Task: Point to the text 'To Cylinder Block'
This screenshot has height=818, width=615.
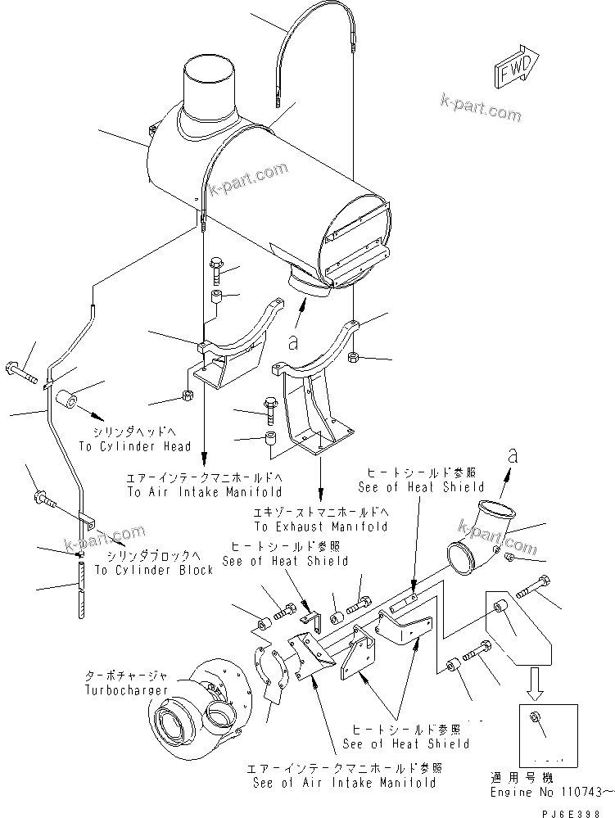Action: pos(154,569)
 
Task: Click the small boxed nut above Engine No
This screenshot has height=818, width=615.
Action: pos(534,720)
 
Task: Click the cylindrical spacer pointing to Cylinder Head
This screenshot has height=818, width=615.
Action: pos(66,401)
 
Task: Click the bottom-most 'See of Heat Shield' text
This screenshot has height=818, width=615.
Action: pos(406,743)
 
